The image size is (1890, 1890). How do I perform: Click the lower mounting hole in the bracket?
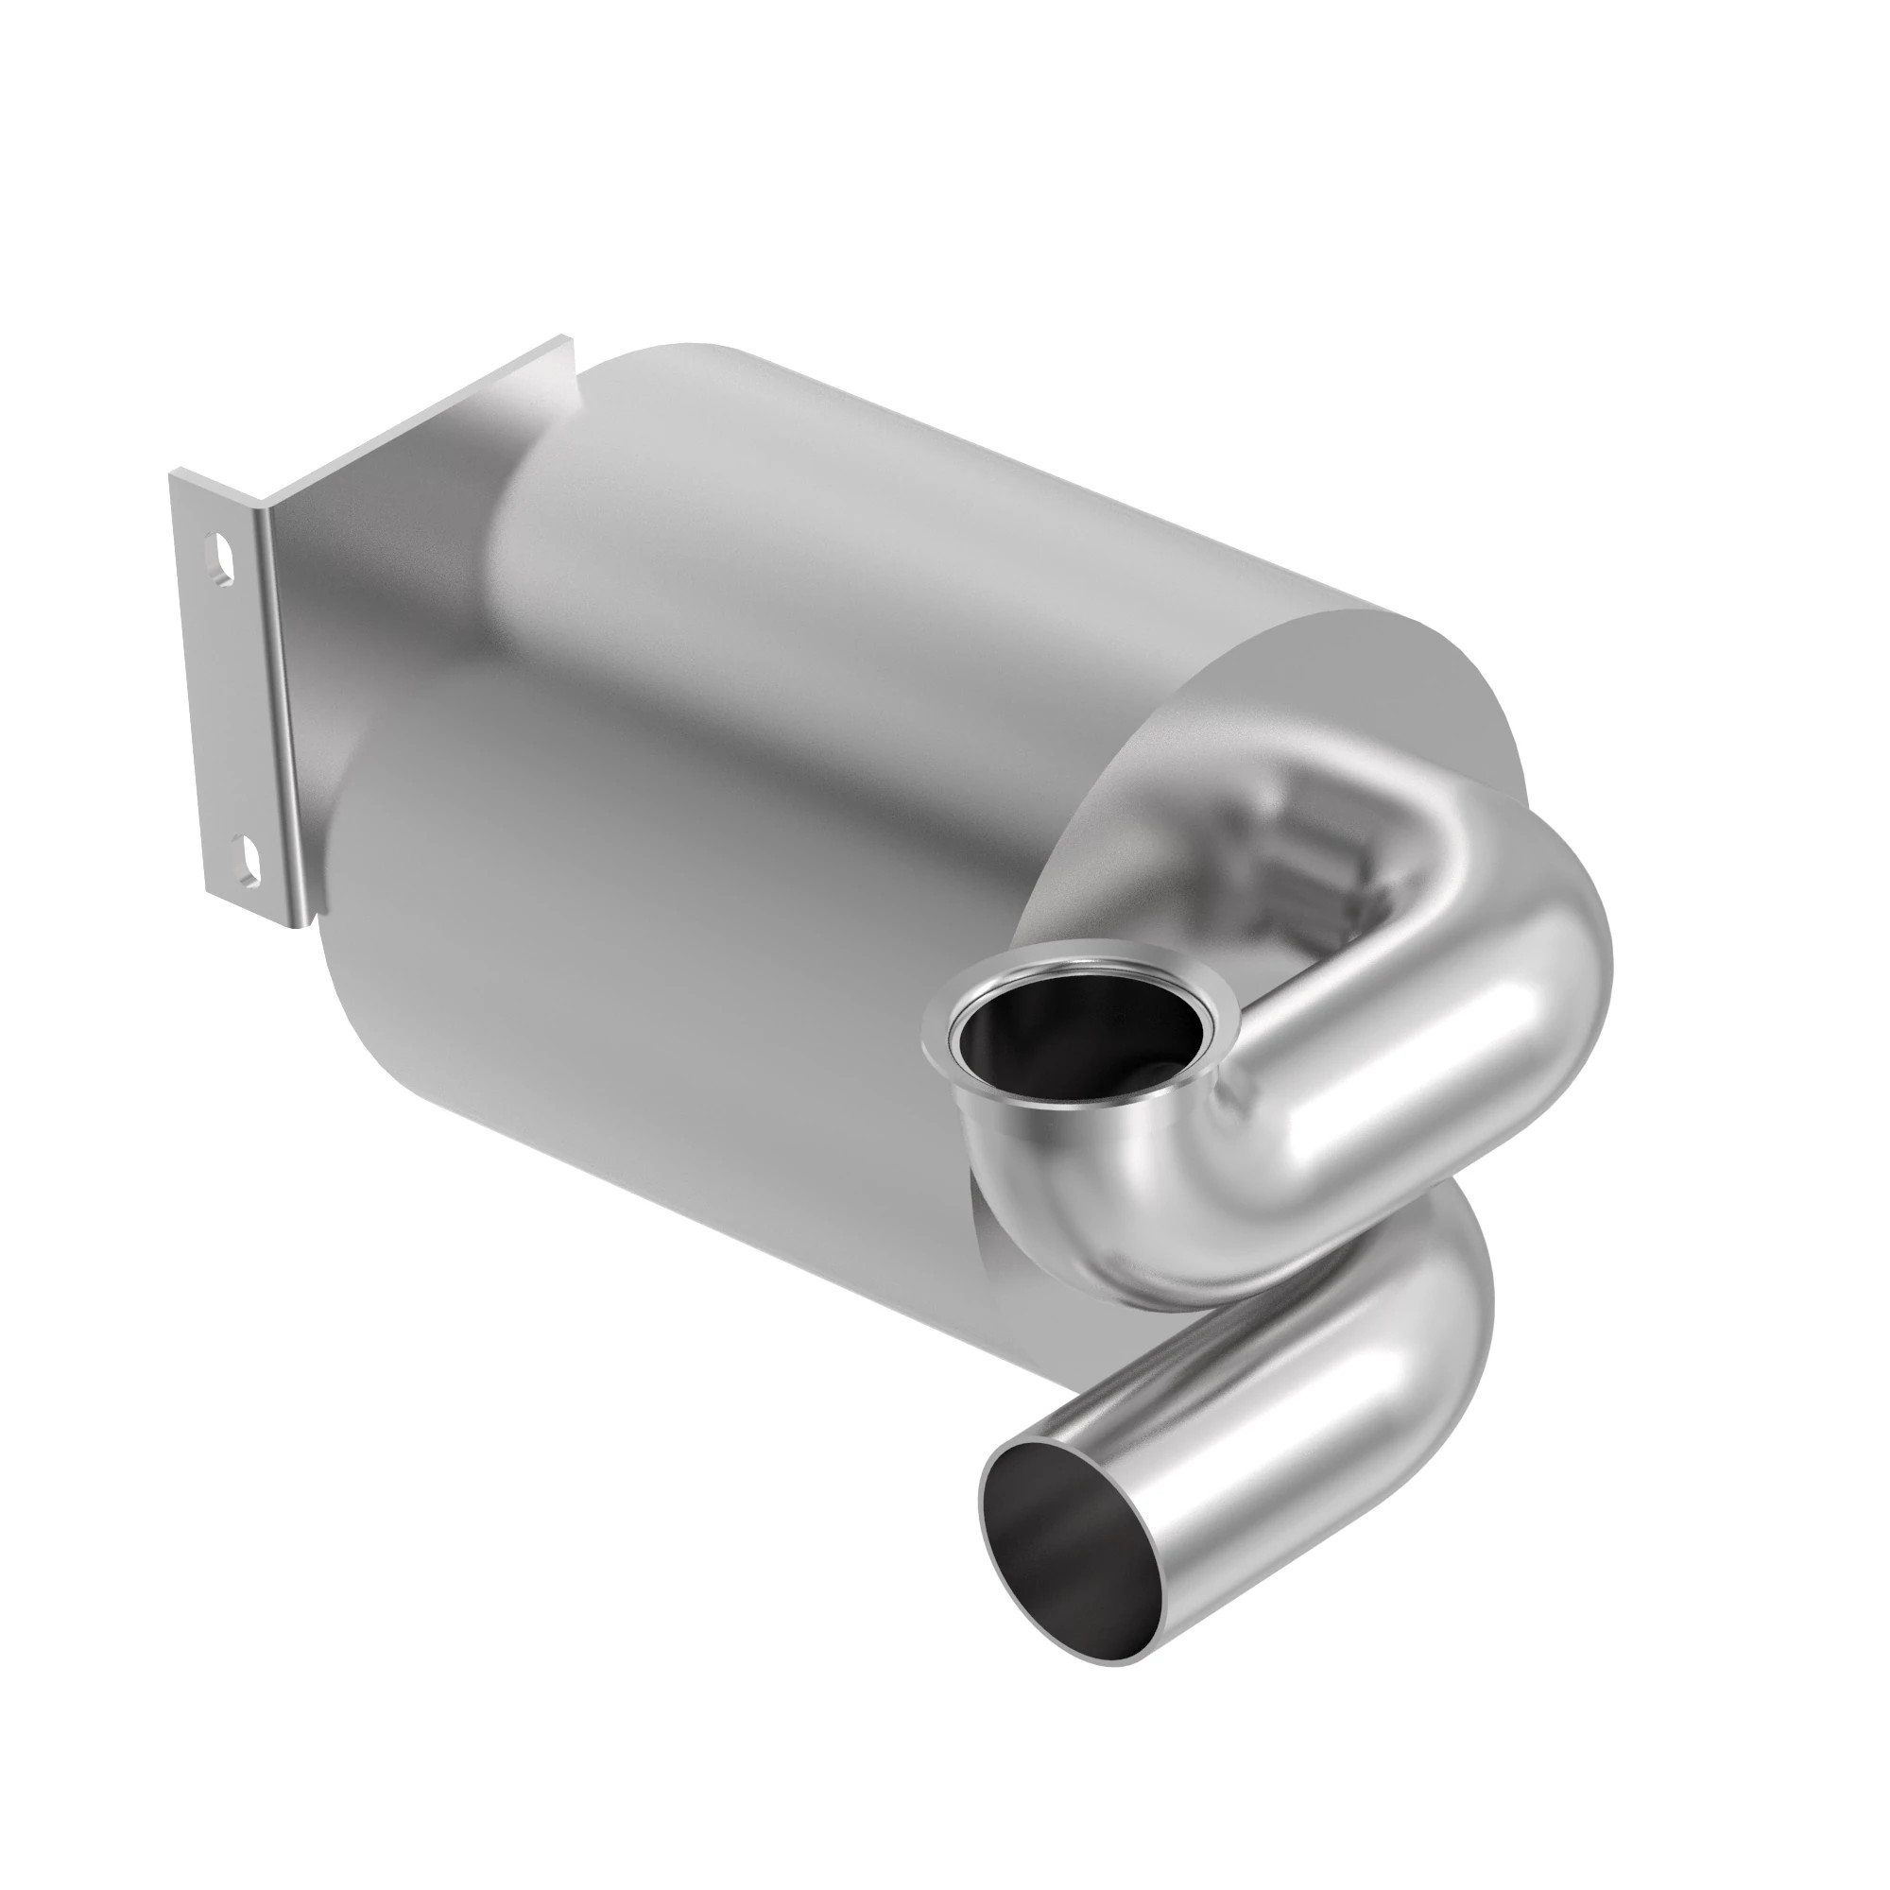coord(250,856)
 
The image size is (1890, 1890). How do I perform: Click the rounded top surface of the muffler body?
coord(881,490)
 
